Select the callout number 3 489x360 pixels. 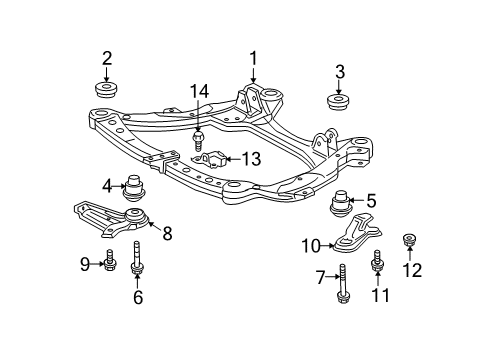340,71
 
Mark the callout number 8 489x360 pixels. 167,233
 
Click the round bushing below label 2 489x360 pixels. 107,92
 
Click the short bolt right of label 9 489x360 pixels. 111,264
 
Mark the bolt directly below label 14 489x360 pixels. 198,140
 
